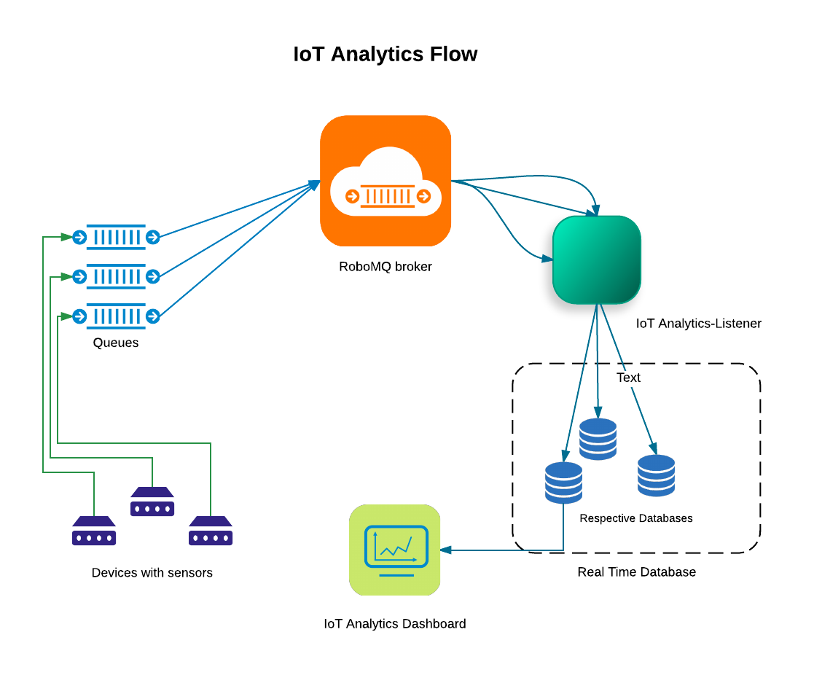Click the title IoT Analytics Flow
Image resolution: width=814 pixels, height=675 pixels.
click(385, 55)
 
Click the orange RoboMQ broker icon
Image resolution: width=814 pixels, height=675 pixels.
click(386, 181)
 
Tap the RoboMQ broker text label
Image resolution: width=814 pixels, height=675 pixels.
click(386, 267)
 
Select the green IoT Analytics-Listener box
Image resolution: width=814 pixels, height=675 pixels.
click(597, 260)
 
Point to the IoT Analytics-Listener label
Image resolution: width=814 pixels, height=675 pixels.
click(698, 323)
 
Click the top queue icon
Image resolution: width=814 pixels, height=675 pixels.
click(116, 237)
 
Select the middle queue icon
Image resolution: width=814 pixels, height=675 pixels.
click(116, 276)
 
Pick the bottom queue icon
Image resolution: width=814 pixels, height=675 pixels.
click(116, 316)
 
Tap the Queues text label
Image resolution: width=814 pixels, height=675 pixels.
click(116, 343)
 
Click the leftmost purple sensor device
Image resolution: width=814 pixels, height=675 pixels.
click(94, 531)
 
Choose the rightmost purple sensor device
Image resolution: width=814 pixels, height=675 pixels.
click(211, 531)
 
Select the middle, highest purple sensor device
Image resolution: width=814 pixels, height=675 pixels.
click(152, 502)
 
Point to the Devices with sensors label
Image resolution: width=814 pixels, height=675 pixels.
click(152, 573)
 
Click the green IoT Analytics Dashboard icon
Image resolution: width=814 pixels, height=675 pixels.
click(395, 550)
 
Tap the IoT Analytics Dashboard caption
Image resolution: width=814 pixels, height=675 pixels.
click(395, 624)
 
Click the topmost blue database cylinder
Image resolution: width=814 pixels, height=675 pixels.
click(598, 439)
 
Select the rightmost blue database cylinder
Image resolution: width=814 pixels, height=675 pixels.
click(656, 475)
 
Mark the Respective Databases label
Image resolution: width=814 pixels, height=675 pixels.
click(636, 518)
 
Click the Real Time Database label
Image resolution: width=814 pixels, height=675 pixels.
click(636, 572)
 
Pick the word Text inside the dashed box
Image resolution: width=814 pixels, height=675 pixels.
click(628, 378)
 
